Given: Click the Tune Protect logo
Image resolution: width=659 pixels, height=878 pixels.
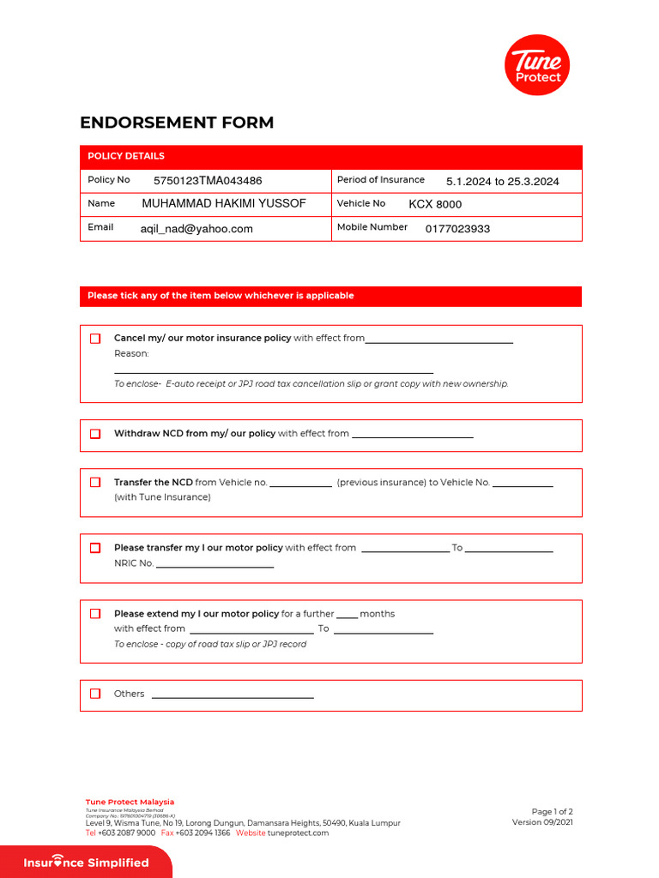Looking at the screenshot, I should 537,65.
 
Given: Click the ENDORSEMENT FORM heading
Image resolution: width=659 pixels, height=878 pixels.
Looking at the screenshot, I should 177,123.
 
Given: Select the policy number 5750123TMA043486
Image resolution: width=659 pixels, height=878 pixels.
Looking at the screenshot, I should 208,181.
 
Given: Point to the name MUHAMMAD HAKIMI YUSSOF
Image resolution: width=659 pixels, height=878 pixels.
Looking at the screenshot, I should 223,204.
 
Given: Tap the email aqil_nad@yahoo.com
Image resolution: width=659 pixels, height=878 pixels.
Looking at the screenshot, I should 196,229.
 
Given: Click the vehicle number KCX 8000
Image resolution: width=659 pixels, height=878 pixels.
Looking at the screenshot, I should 435,204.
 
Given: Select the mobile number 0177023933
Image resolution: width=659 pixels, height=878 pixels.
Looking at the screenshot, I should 457,229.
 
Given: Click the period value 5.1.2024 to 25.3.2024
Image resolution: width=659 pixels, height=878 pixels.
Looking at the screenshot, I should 502,181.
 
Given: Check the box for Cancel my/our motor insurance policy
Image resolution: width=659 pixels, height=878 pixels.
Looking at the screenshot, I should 95,339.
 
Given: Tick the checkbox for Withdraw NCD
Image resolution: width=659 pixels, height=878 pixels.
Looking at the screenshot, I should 95,434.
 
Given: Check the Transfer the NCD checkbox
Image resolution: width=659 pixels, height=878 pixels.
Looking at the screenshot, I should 95,482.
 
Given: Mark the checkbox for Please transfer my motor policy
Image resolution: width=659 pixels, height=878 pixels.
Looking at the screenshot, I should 95,548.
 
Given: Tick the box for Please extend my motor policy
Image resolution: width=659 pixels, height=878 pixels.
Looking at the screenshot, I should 95,614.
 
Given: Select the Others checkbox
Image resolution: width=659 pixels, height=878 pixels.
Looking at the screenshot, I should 95,694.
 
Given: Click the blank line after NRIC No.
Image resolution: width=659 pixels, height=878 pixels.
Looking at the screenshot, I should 215,565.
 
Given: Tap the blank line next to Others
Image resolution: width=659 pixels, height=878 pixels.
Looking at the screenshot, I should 233,695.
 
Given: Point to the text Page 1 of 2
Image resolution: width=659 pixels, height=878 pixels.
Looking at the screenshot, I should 552,811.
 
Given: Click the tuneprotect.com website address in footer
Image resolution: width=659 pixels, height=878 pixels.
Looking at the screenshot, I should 298,833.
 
